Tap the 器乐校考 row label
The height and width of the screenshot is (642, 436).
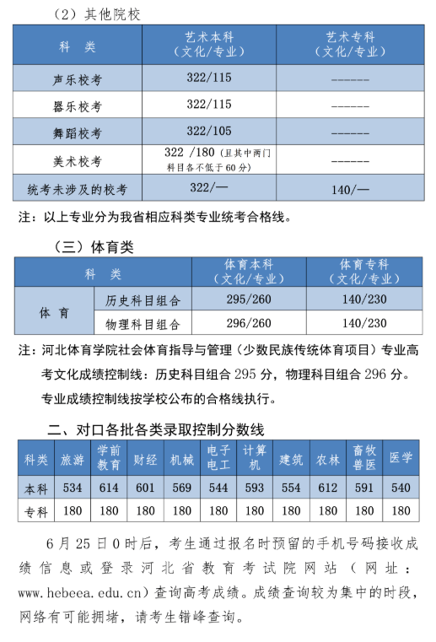[x=77, y=105]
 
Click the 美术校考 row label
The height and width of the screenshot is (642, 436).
[x=77, y=160]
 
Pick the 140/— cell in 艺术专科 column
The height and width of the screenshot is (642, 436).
[x=350, y=188]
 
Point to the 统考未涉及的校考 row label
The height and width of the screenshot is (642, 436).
[x=77, y=188]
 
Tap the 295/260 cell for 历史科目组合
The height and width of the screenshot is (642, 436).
[x=249, y=299]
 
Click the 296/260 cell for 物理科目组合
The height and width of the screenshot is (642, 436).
[x=249, y=323]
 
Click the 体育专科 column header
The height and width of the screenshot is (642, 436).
[x=364, y=272]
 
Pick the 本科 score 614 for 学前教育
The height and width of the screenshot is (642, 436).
[x=109, y=487]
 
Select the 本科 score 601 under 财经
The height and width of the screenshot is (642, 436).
[x=145, y=487]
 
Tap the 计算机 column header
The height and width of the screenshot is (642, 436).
[x=255, y=458]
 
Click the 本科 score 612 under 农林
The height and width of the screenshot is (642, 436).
[x=327, y=487]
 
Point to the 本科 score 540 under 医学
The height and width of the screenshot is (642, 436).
[x=401, y=487]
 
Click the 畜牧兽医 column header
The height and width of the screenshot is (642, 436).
[x=364, y=458]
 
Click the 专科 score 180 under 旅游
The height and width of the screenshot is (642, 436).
[x=73, y=510]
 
